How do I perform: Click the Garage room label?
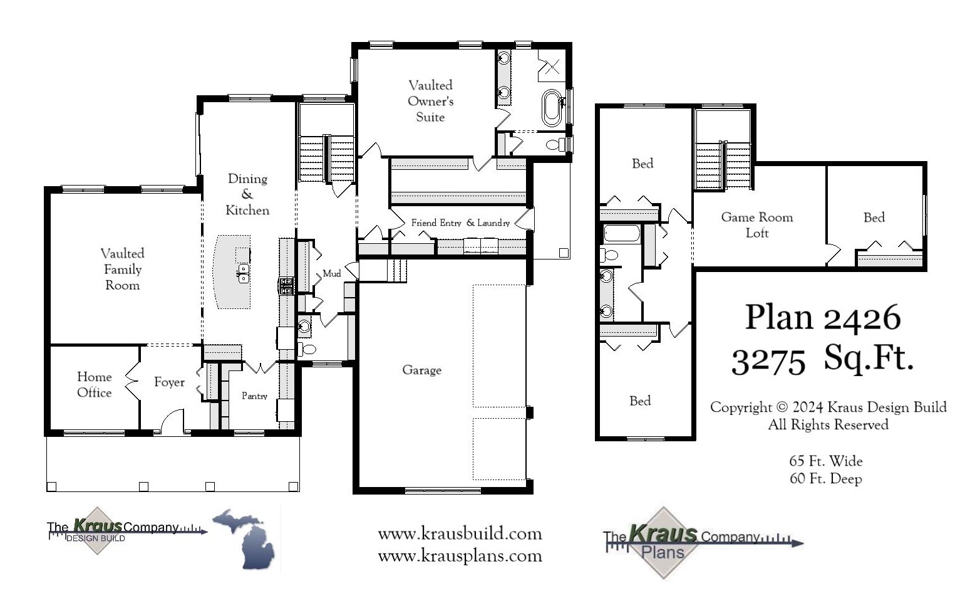pyautogui.click(x=421, y=370)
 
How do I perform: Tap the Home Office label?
pyautogui.click(x=94, y=384)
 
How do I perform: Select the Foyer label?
pyautogui.click(x=169, y=382)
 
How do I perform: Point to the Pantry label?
pyautogui.click(x=254, y=396)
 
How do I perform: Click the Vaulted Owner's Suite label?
pyautogui.click(x=430, y=101)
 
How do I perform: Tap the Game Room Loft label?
pyautogui.click(x=756, y=224)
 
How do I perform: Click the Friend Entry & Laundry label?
pyautogui.click(x=460, y=223)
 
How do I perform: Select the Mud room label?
pyautogui.click(x=331, y=273)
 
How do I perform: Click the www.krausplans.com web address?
pyautogui.click(x=460, y=556)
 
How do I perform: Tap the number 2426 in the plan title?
pyautogui.click(x=862, y=318)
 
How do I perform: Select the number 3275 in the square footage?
pyautogui.click(x=768, y=361)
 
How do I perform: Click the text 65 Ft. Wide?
pyautogui.click(x=825, y=461)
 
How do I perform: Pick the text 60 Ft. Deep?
pyautogui.click(x=825, y=479)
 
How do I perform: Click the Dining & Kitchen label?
pyautogui.click(x=247, y=194)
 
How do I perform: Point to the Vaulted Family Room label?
pyautogui.click(x=122, y=269)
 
